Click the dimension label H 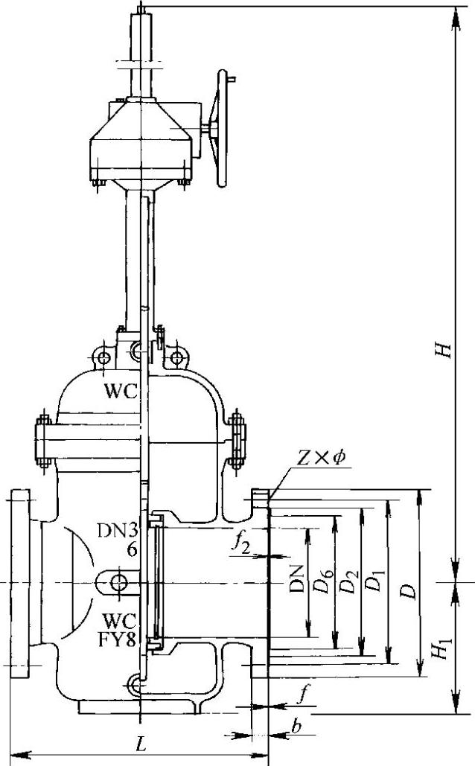pyautogui.click(x=444, y=350)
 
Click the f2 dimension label pyautogui.click(x=241, y=543)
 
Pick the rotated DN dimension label pyautogui.click(x=296, y=579)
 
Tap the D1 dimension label pyautogui.click(x=374, y=580)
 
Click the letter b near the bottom pyautogui.click(x=296, y=727)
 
